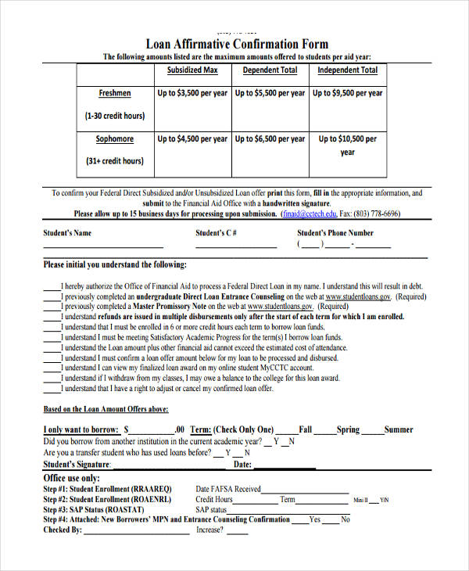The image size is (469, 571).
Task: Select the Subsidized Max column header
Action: pos(192,70)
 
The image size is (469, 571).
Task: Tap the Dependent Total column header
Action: pos(270,70)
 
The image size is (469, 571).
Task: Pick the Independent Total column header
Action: pos(347,70)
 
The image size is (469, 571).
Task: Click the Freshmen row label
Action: pos(115,93)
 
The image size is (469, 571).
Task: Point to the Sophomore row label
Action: pos(115,139)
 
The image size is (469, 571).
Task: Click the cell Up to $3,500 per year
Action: pos(192,93)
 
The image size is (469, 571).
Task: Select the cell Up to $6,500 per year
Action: pos(270,139)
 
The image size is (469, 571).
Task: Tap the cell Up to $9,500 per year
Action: pos(348,93)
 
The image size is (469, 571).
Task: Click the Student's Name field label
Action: pos(67,233)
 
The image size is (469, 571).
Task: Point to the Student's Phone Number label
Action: pos(335,233)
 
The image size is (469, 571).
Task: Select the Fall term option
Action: pos(305,429)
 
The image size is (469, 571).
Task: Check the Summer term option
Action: pos(398,429)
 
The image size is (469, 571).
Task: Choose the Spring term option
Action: pos(348,429)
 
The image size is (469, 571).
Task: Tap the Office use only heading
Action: pos(71,478)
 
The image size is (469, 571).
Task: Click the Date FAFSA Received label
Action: pos(228,490)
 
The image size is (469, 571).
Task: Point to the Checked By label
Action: pos(63,530)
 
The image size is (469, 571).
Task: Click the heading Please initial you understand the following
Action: pos(115,264)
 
